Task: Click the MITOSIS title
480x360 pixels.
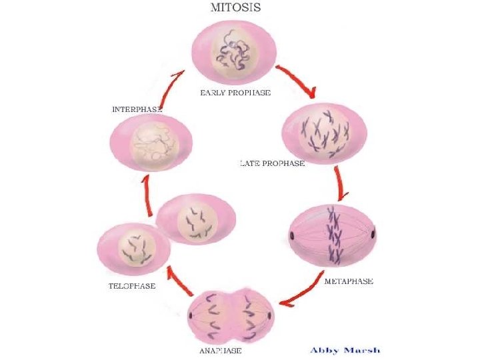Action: (x=235, y=9)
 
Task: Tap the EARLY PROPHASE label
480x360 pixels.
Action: (x=235, y=93)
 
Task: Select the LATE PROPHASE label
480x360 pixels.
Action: (x=272, y=163)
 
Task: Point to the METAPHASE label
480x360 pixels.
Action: (x=349, y=281)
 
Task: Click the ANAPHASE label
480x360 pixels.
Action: (x=221, y=350)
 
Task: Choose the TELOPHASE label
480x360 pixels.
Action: (x=132, y=286)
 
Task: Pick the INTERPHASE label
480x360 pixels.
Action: (x=137, y=109)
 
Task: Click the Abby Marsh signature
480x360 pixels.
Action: (x=345, y=349)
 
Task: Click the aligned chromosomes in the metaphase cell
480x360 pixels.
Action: (x=331, y=235)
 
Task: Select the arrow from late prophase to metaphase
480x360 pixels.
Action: (x=341, y=183)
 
